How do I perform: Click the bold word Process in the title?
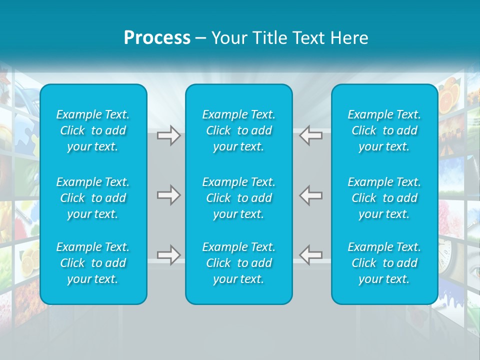pos(157,38)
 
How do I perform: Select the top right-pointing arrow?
pos(168,135)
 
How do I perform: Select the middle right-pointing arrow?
pos(168,195)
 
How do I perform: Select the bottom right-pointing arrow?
pos(168,255)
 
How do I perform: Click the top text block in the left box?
pos(93,130)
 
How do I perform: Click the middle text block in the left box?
pos(93,198)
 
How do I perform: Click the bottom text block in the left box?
pos(93,263)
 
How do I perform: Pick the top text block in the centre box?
pos(238,130)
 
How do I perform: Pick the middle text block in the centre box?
pos(238,198)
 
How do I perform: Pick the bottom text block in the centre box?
pos(238,263)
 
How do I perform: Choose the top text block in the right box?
pos(384,130)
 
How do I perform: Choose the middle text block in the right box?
pos(384,198)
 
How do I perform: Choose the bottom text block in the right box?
pos(384,263)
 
